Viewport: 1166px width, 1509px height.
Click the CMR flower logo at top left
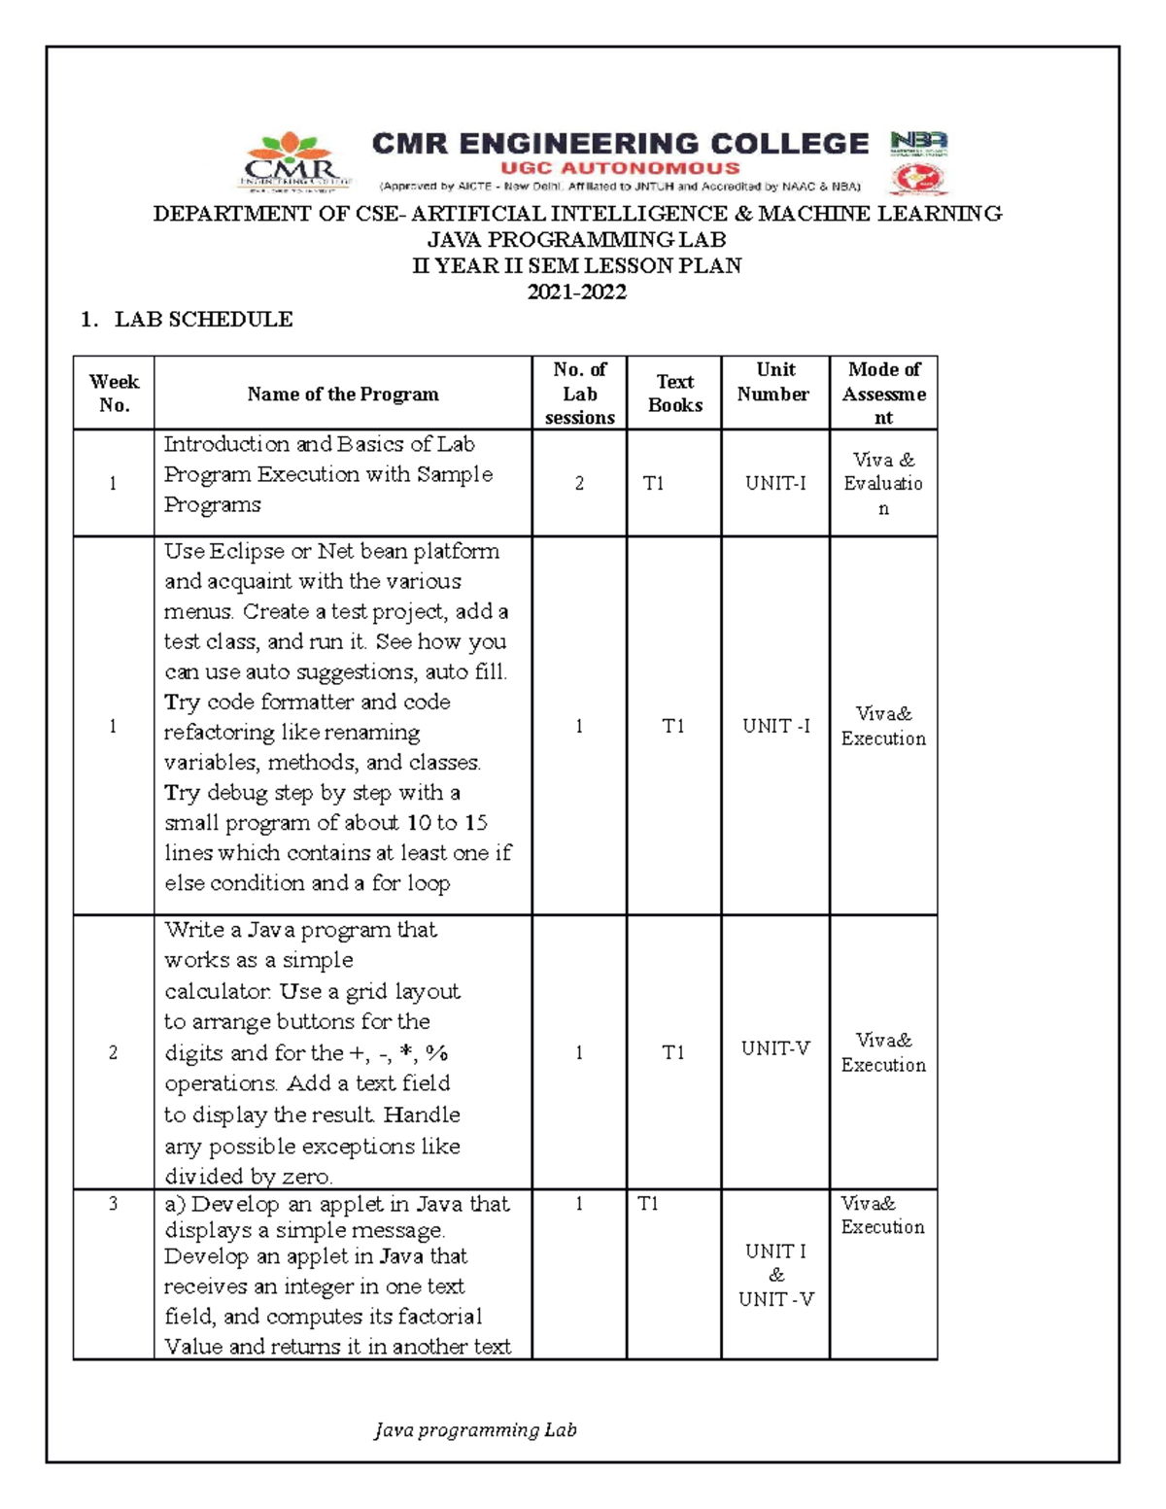pos(294,161)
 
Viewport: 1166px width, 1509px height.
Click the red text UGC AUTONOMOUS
pos(620,168)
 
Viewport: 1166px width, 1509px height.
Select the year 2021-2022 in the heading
pos(576,292)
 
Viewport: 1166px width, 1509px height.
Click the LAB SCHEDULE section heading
pos(203,320)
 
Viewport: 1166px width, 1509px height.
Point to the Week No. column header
pos(114,394)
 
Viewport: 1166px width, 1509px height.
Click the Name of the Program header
pos(342,394)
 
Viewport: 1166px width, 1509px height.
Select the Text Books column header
pos(674,394)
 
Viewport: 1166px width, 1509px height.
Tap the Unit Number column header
pos(773,382)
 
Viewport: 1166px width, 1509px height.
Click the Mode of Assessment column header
pos(883,394)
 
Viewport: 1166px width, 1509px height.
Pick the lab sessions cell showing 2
pos(579,483)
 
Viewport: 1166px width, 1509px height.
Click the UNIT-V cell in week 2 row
pos(774,1048)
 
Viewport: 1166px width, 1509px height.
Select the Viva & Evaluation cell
pos(882,483)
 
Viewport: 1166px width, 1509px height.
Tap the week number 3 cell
pos(114,1204)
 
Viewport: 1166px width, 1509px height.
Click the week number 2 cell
pos(114,1052)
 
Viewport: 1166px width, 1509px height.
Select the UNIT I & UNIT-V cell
pos(775,1275)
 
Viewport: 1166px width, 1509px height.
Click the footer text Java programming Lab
pos(475,1429)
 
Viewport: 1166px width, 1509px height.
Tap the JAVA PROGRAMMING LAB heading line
pos(576,240)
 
